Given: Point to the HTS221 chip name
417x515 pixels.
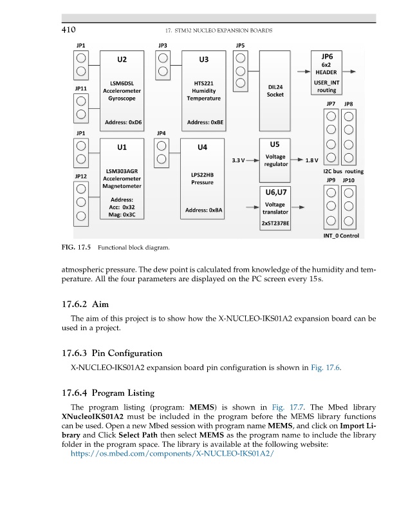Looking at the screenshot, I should [203, 83].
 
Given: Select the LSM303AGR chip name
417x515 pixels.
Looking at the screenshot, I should [118, 171].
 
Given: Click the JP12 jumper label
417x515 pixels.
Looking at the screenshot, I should [81, 176].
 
